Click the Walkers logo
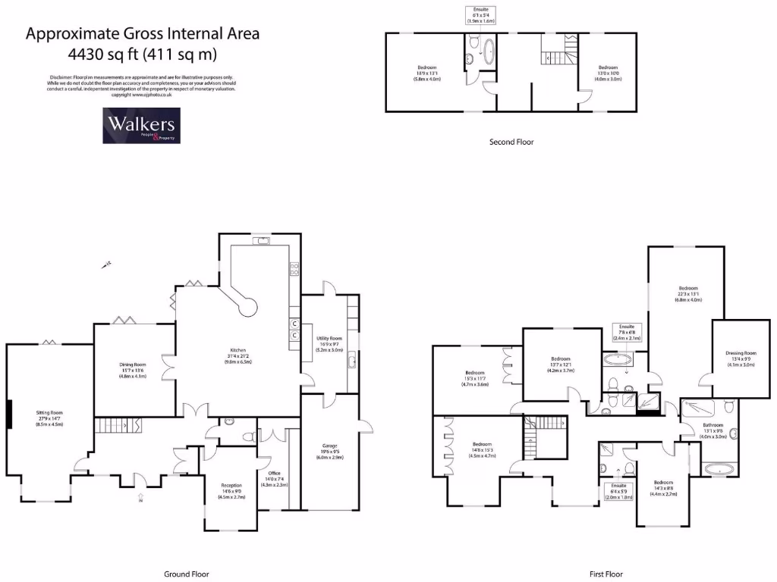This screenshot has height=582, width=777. tap(140, 125)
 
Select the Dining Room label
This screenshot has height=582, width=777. tap(132, 370)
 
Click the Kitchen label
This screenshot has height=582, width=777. tap(237, 355)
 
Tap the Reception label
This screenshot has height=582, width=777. tap(231, 490)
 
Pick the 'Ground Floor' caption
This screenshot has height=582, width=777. tap(187, 574)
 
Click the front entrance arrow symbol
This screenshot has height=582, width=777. tap(141, 498)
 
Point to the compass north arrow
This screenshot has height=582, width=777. tap(109, 264)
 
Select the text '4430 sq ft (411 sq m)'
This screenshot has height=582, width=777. tap(142, 54)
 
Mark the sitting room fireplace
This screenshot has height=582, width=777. tap(9, 415)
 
